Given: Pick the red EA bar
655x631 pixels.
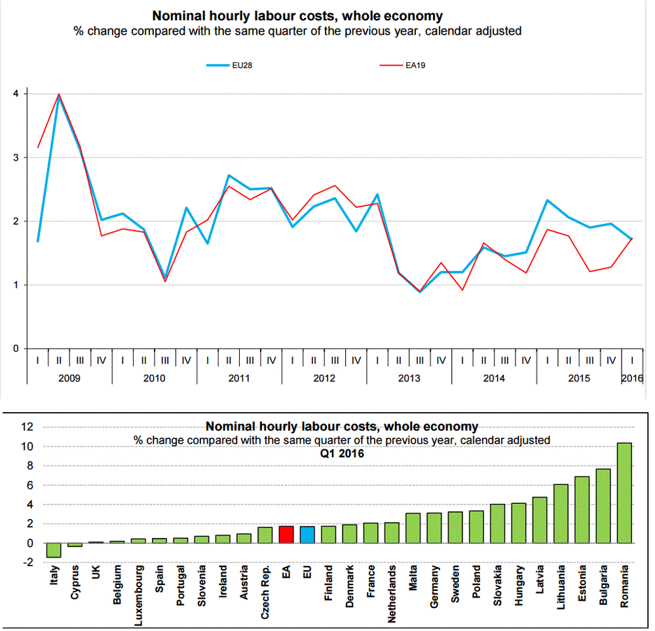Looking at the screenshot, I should coord(286,535).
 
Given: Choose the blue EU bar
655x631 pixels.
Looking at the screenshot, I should coord(307,535).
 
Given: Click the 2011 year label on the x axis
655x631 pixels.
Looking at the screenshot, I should coord(239,378).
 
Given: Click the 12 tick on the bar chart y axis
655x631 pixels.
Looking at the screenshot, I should coord(26,427).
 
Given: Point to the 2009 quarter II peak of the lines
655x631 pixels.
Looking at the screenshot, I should coord(60,96).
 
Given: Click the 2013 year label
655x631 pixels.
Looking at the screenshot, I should coord(409,378).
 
